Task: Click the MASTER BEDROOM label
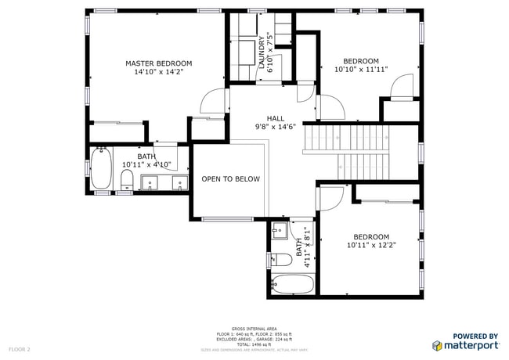coord(159,63)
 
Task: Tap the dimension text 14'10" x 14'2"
coord(159,72)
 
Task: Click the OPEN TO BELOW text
coord(230,179)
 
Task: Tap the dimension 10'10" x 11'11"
coord(361,70)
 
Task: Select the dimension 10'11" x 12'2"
coord(370,245)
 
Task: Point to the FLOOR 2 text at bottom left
coord(19,348)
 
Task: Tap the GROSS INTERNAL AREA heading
coord(254,329)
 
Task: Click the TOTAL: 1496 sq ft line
coord(254,344)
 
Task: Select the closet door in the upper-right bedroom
coord(401,85)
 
